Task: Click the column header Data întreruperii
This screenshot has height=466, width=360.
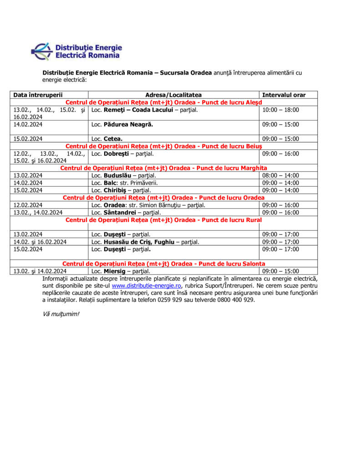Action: [x=38, y=95]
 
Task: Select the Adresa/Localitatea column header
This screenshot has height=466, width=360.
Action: [x=173, y=95]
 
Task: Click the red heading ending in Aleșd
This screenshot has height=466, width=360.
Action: [x=164, y=102]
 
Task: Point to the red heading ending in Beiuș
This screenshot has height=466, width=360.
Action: [x=164, y=146]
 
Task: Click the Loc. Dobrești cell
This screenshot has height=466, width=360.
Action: [x=123, y=154]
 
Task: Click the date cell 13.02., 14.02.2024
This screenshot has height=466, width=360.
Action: [x=38, y=213]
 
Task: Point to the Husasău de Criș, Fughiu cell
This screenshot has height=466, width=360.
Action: [x=145, y=242]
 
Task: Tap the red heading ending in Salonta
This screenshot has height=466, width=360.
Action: [x=164, y=264]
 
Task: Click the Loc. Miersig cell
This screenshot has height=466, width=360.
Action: [x=121, y=271]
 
